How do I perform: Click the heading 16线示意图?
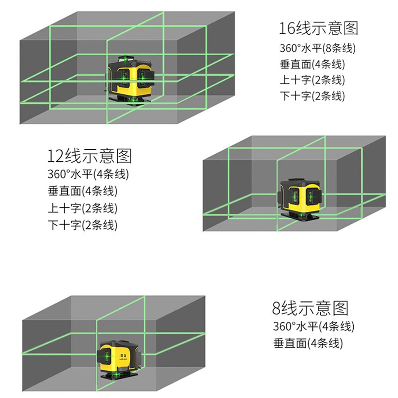point(318,28)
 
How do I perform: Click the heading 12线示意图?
point(90,156)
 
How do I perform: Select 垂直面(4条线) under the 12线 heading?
point(83,192)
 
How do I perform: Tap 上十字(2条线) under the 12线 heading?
point(83,208)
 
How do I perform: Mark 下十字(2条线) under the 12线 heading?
point(83,224)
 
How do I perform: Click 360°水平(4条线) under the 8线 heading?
point(313,327)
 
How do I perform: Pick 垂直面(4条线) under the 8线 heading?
point(308,343)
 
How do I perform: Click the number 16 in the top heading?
point(288,28)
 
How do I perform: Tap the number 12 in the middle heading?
point(54,156)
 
